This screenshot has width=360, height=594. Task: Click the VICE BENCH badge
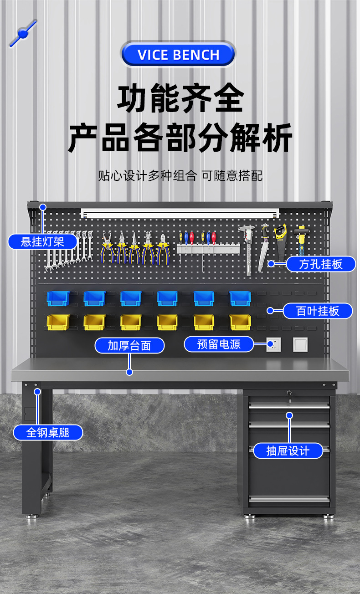pos(178,55)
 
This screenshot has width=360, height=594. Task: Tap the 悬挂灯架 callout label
pos(42,241)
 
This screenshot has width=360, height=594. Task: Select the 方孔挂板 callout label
pos(321,264)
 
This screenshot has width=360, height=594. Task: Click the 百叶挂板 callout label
pos(318,311)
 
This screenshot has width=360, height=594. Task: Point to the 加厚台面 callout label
pos(129,345)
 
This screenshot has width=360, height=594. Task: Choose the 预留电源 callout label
pos(219,344)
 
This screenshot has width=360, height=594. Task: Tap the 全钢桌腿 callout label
pos(48,432)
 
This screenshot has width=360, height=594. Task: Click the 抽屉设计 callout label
pos(288,451)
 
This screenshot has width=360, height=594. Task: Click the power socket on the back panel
pos(274,344)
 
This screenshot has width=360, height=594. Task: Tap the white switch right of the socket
pos(300,344)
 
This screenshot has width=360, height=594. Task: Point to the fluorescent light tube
pos(180,213)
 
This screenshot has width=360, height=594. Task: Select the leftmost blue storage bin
pos(58,298)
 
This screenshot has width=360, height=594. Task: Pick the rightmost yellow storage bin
pos(240,322)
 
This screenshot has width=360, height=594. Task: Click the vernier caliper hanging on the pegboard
pos(247,248)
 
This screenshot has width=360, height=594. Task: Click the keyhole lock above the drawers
pos(289,393)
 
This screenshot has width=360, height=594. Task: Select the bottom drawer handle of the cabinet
pos(289,498)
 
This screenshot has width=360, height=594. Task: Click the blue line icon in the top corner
pos(23,33)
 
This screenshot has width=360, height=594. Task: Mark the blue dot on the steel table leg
pos(37,391)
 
